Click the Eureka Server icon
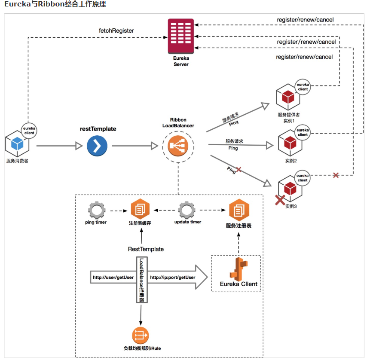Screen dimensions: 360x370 coord(181,38)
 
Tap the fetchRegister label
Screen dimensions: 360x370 coord(116,31)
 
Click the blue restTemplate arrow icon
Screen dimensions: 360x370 coord(97,146)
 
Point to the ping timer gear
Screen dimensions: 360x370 coord(96,211)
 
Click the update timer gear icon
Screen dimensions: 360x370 coord(187,211)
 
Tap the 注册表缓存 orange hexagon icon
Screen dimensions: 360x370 coord(140,210)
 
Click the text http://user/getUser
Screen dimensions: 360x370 coord(113,278)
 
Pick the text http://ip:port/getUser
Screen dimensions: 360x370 coord(172,278)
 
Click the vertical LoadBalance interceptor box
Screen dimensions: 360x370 coord(141,280)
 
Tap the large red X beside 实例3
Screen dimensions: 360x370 coord(280,199)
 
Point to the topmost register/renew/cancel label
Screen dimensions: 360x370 coord(305,20)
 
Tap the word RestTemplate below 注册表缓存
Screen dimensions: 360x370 coord(146,249)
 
